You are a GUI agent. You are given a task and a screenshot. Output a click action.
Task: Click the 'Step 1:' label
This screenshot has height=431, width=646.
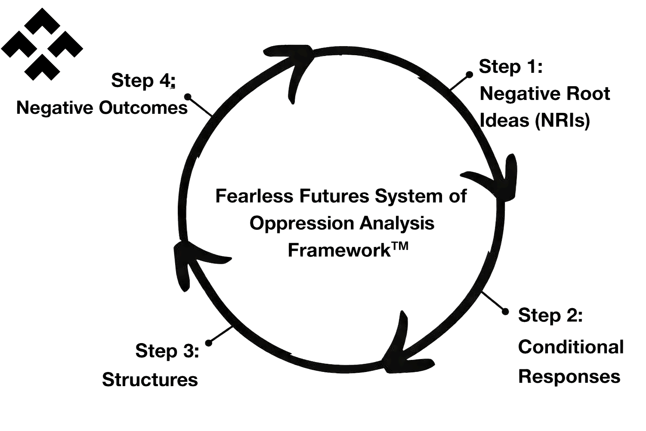(x=510, y=67)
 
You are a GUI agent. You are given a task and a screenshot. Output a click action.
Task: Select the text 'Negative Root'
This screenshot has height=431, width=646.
(x=544, y=94)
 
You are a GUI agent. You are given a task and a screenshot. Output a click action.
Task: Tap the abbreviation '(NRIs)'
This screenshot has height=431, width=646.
(x=562, y=120)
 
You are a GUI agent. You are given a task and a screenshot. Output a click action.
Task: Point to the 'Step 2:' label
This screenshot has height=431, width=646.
(x=550, y=315)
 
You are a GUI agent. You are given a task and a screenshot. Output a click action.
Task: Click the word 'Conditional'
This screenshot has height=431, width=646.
(x=571, y=347)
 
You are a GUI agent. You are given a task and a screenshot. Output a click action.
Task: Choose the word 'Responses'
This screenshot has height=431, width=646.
(x=569, y=376)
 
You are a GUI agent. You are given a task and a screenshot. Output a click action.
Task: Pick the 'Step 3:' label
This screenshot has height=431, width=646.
(x=167, y=351)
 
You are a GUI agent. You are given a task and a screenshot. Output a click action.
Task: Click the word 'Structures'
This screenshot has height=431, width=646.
(x=150, y=380)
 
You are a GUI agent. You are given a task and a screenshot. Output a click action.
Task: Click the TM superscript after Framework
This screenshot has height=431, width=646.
(x=399, y=247)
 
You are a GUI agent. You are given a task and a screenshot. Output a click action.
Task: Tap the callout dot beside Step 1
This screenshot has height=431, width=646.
(x=470, y=75)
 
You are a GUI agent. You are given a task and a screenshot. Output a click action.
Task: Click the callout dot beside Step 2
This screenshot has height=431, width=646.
(x=506, y=311)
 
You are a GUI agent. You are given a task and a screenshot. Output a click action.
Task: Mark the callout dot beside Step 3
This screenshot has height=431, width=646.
(x=209, y=343)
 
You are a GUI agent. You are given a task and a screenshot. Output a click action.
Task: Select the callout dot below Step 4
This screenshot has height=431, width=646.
(x=187, y=97)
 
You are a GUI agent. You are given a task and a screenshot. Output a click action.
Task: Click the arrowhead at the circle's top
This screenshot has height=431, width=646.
(x=297, y=65)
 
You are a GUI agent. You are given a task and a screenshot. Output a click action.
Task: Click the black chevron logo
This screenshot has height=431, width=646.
(x=42, y=44)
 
